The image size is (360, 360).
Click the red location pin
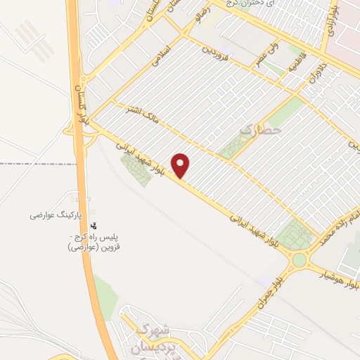[x=181, y=165]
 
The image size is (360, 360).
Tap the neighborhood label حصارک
[x=260, y=129]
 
